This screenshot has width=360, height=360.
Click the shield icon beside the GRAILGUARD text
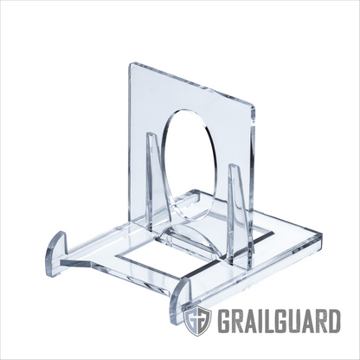tap(197, 321)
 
